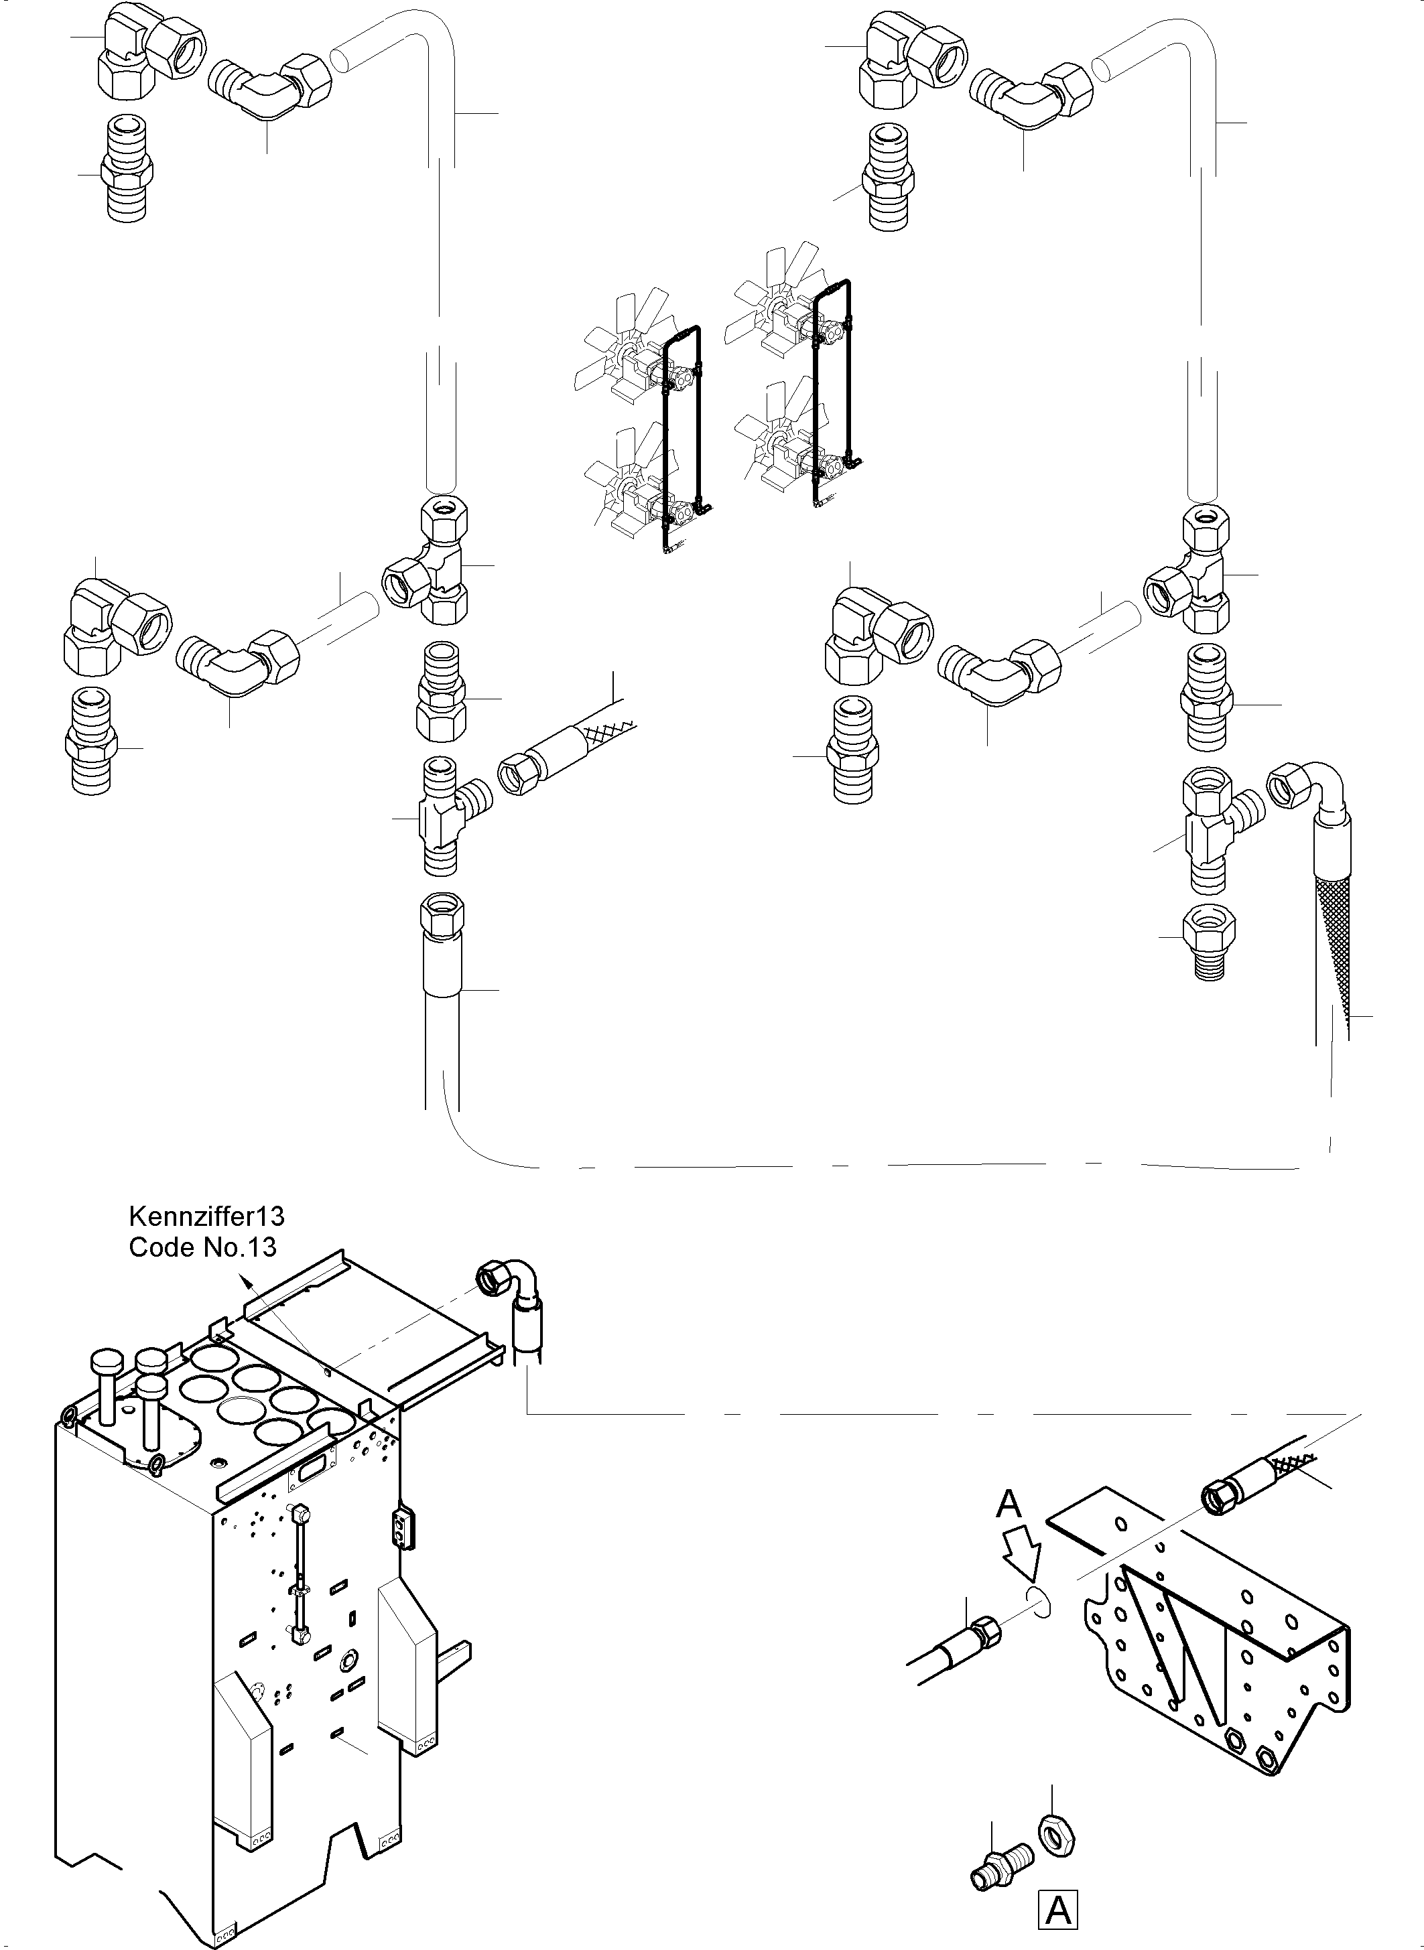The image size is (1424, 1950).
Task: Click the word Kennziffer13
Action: point(206,1216)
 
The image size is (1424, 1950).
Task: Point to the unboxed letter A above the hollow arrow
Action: point(1009,1505)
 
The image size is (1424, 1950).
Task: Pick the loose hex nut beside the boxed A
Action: point(1056,1847)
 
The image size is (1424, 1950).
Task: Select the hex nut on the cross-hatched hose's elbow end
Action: point(1286,784)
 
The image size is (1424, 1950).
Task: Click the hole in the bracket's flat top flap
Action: point(1122,1523)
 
